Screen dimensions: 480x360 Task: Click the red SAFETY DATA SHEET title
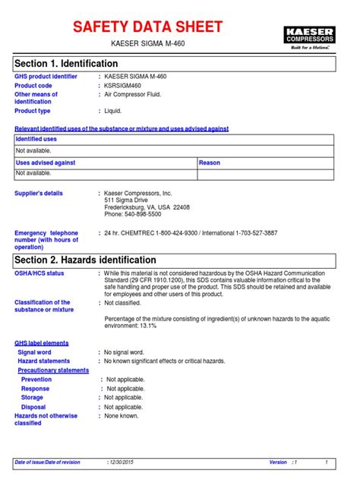[147, 27]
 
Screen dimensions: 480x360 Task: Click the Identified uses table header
[36, 140]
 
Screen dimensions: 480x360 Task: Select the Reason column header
[210, 163]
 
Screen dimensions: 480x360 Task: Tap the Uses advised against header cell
[46, 163]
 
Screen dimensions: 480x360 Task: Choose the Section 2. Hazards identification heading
[86, 260]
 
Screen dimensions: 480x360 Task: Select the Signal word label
[35, 352]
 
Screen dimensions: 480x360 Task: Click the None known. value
[122, 415]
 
